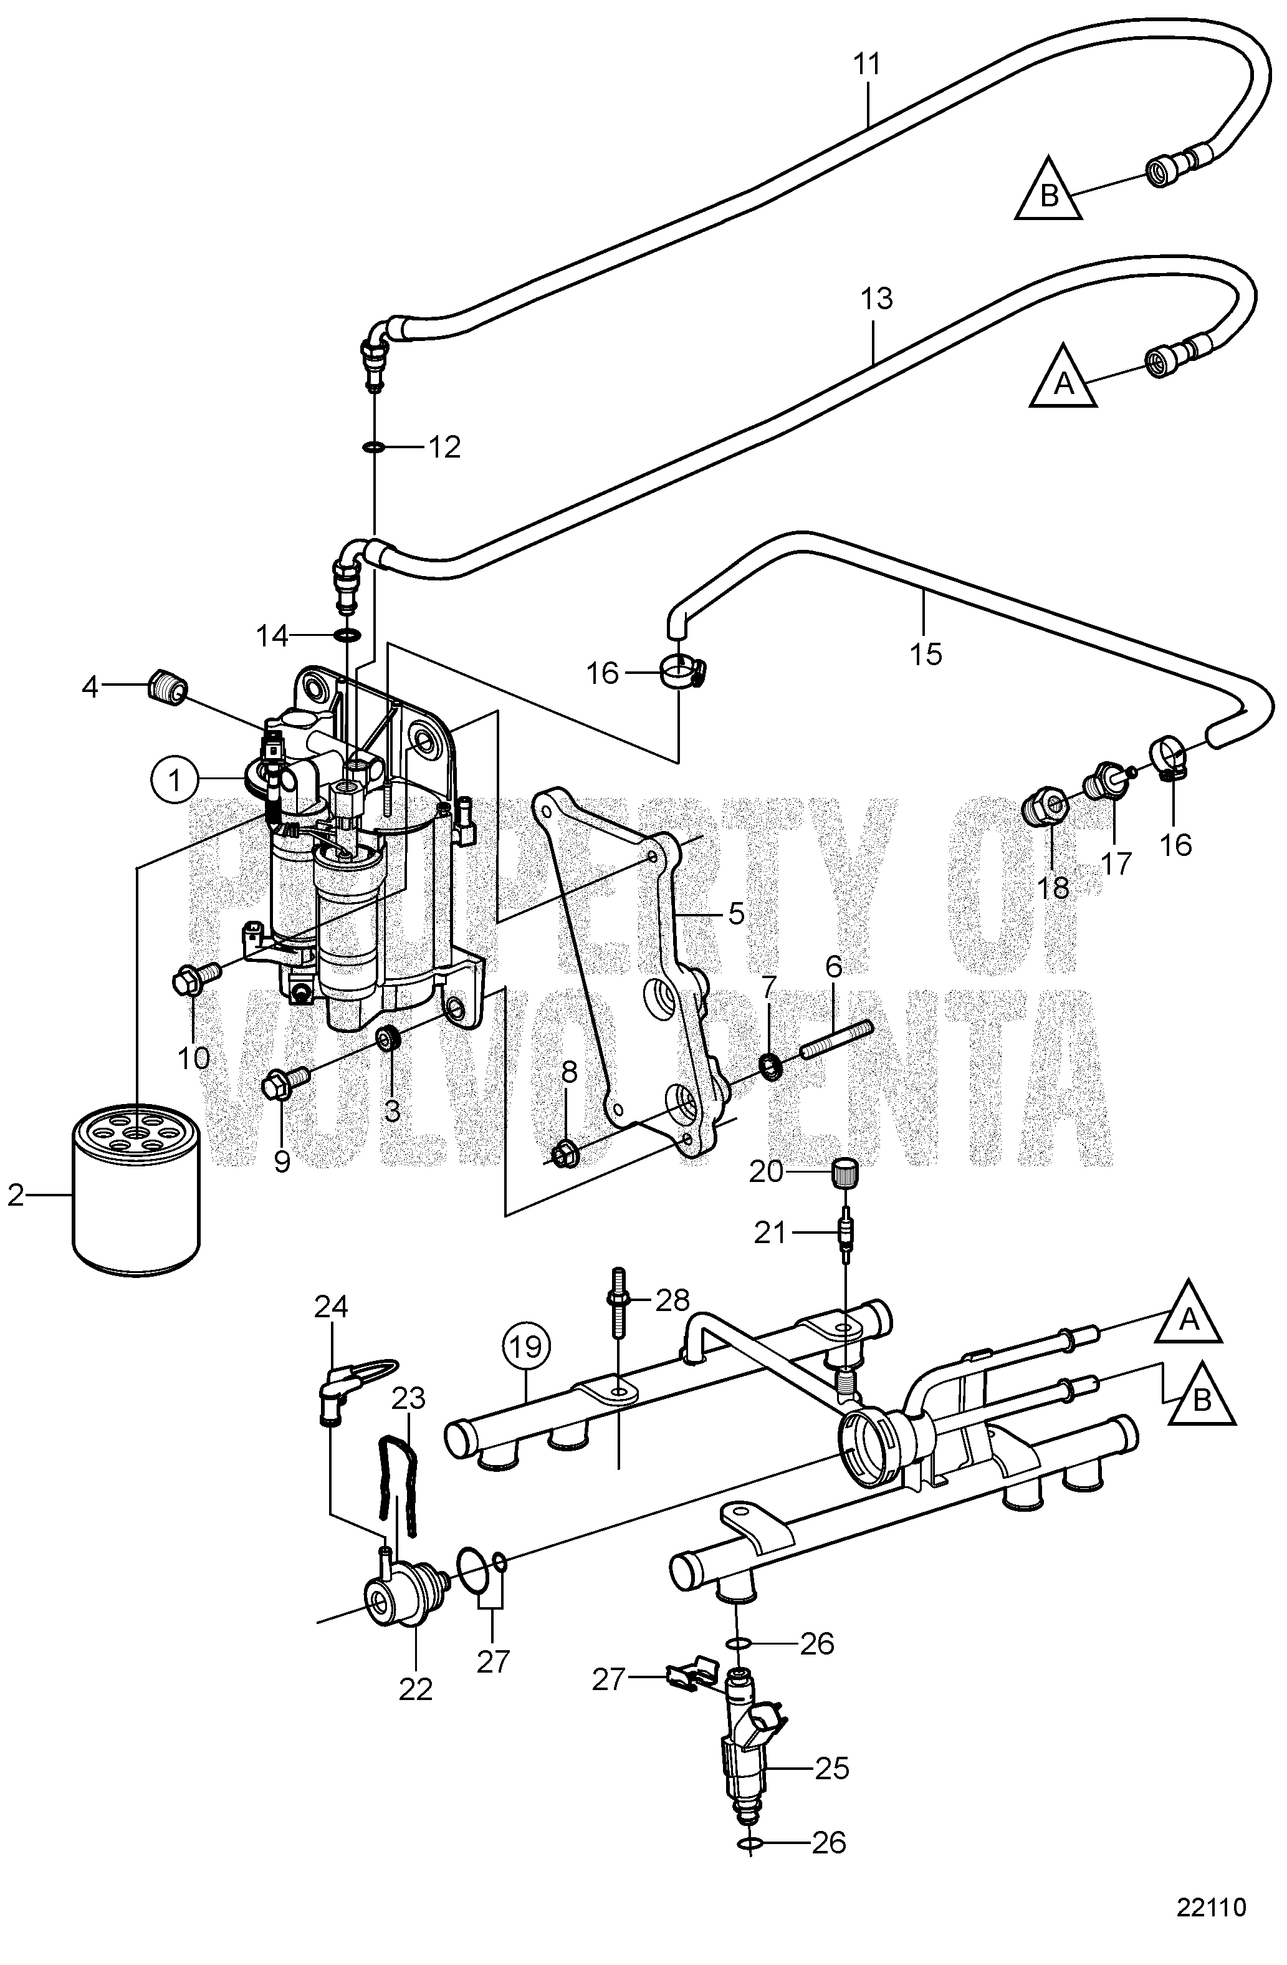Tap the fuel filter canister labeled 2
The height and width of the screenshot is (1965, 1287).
click(x=136, y=1176)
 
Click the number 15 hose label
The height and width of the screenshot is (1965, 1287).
click(x=926, y=654)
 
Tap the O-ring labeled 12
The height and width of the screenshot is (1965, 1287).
click(x=373, y=448)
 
